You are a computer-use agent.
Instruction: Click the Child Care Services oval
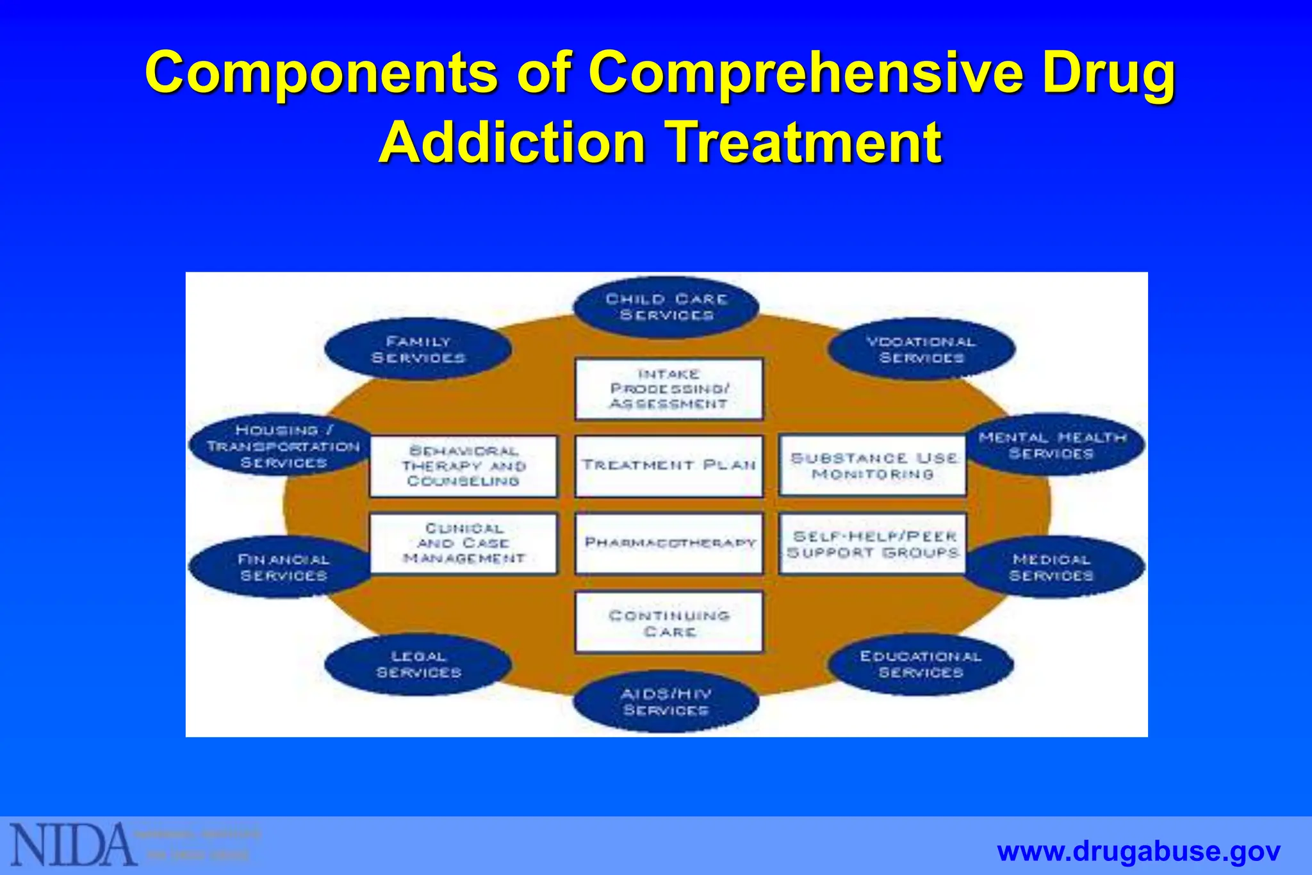[666, 307]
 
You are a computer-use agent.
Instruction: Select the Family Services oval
[418, 350]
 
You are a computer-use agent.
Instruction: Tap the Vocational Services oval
[921, 350]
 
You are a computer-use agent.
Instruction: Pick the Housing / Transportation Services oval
[283, 446]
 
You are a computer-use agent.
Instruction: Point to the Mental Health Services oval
[1053, 445]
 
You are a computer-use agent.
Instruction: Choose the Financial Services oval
[283, 568]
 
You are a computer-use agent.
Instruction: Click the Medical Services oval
[1053, 568]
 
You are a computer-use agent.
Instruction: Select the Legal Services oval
[418, 664]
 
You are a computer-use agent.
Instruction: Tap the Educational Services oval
[921, 664]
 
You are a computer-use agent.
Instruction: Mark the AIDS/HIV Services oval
[666, 702]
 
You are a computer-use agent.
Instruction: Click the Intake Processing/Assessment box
[669, 389]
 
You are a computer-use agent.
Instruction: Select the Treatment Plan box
[669, 466]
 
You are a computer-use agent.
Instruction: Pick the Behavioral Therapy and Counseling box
[464, 466]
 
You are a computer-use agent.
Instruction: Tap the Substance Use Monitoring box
[873, 466]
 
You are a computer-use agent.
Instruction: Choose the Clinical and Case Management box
[464, 543]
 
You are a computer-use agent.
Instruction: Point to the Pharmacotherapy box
[669, 543]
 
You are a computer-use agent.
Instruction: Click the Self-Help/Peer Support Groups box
[873, 543]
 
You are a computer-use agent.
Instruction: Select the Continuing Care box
[669, 623]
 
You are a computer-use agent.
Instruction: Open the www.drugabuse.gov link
[1138, 852]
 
